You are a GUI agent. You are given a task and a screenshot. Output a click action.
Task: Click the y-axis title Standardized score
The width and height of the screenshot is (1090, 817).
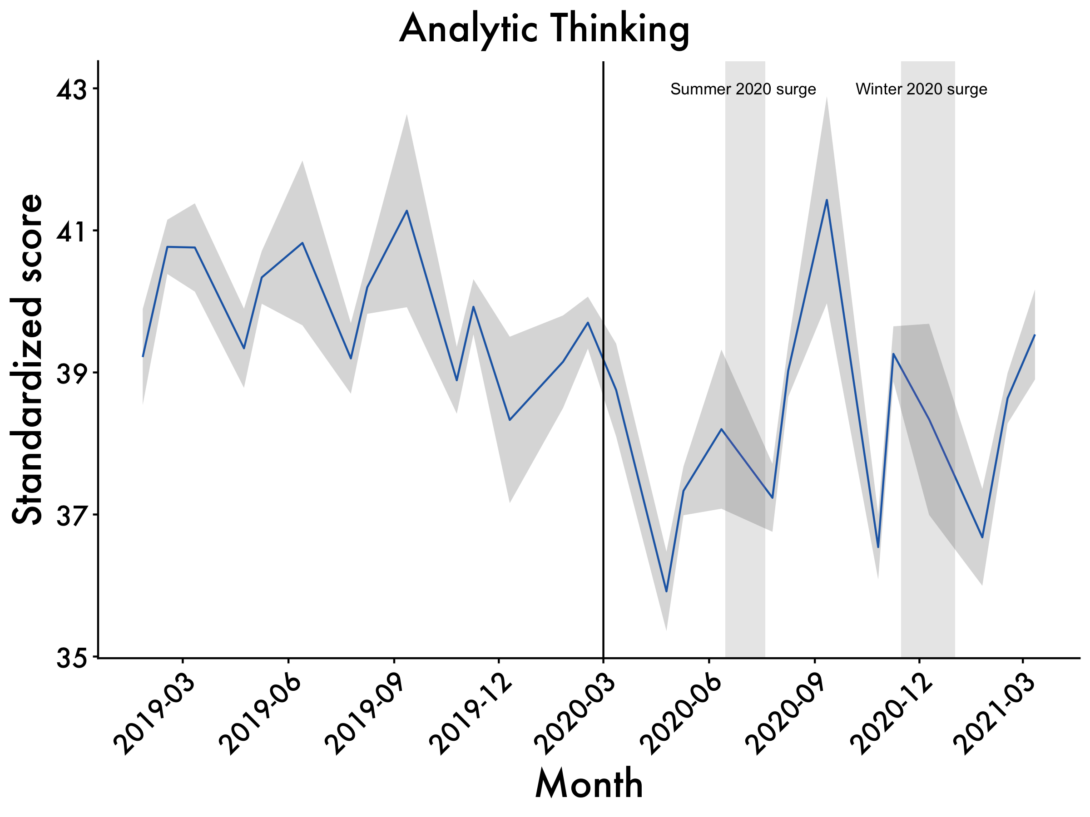[x=28, y=360]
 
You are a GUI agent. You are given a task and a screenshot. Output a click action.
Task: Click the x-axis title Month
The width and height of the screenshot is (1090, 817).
[x=589, y=783]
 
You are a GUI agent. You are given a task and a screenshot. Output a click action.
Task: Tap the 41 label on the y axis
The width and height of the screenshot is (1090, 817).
[x=70, y=231]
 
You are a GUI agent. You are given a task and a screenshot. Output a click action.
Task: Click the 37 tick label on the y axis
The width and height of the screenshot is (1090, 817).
[x=70, y=516]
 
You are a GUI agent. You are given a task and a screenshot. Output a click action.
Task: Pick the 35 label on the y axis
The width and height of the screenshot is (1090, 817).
[x=70, y=658]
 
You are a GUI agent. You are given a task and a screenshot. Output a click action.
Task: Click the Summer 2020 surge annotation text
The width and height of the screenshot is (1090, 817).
[x=743, y=89]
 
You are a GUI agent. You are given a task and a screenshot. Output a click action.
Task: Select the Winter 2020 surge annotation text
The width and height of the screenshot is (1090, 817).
[x=921, y=89]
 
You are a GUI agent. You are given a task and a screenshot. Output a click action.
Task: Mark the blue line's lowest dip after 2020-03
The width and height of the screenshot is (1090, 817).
[x=666, y=591]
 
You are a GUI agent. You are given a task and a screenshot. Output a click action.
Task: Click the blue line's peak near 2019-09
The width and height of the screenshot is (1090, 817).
[x=406, y=211]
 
